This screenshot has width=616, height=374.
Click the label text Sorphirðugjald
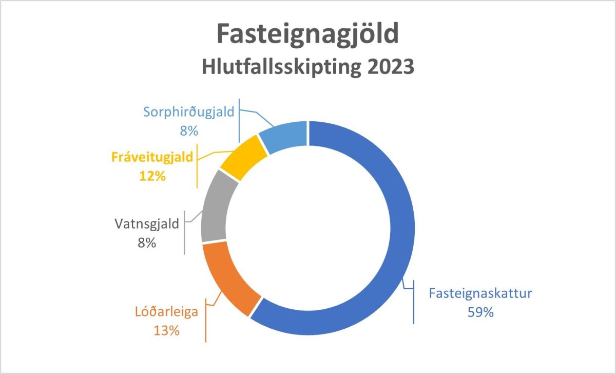pyautogui.click(x=189, y=113)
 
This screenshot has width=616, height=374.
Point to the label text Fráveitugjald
pyautogui.click(x=152, y=158)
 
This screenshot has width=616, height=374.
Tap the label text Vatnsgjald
pyautogui.click(x=147, y=224)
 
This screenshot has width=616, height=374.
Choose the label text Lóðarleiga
pyautogui.click(x=167, y=312)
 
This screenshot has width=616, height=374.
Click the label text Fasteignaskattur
pyautogui.click(x=480, y=293)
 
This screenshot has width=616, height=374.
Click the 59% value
pyautogui.click(x=480, y=312)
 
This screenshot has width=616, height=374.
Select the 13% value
pyautogui.click(x=167, y=331)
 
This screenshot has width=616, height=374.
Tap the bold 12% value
pyautogui.click(x=152, y=176)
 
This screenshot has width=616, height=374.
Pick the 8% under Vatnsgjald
pyautogui.click(x=147, y=242)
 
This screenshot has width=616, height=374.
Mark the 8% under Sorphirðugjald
pyautogui.click(x=189, y=130)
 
